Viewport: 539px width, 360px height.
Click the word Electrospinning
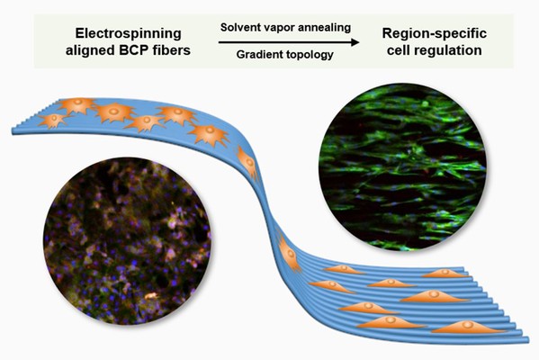point(128,33)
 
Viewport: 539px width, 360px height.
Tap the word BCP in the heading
point(133,50)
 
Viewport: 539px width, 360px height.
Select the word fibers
point(171,50)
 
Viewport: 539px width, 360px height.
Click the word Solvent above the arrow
point(240,28)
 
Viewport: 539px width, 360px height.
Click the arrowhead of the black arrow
point(355,42)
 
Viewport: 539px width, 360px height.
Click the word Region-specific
point(435,33)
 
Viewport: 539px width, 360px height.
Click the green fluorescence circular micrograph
point(402,166)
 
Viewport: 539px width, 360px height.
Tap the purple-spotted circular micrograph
point(127,241)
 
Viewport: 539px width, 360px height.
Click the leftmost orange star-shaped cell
point(53,120)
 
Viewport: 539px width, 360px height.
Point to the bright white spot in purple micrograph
point(151,296)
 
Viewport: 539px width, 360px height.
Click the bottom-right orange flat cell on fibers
point(468,327)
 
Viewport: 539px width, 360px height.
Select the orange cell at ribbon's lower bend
point(290,254)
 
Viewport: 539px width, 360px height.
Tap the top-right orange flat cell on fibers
point(445,274)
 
